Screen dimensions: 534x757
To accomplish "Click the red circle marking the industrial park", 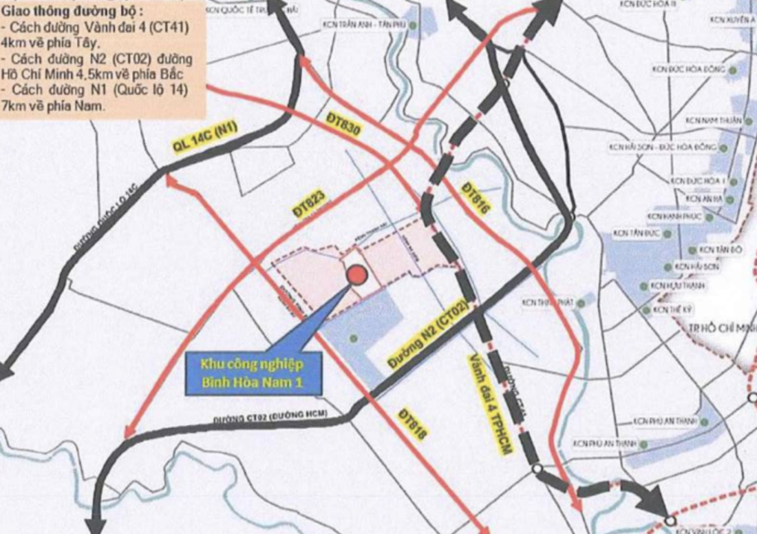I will tap(356, 276).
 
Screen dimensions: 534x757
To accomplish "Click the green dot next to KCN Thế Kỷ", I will tap(646, 311).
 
